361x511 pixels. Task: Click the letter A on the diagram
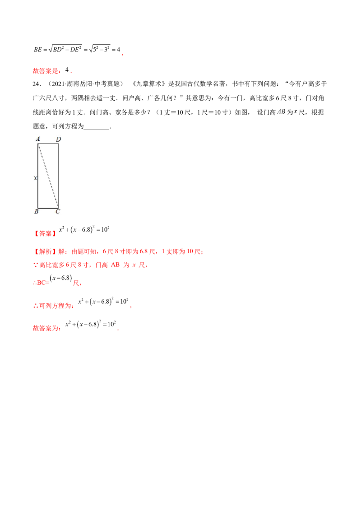(39, 139)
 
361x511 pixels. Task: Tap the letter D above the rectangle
(58, 139)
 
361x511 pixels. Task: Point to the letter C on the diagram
(58, 211)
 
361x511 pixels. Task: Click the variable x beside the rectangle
(35, 178)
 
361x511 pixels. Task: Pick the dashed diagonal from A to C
(48, 176)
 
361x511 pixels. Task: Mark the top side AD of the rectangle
(48, 144)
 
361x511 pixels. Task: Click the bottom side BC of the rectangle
(48, 208)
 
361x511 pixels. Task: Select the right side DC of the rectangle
(58, 176)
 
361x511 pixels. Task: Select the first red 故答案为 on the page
(46, 71)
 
